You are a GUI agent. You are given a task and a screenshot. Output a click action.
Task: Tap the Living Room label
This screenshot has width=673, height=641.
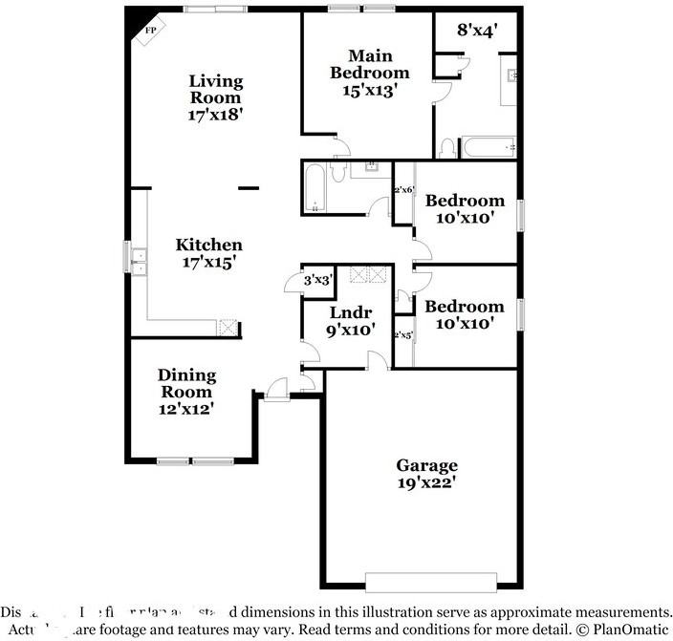pos(215,89)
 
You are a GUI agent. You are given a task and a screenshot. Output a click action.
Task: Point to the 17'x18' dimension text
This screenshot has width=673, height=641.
pos(215,114)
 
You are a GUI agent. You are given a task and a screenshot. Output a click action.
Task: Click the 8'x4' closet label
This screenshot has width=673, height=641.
pos(476,30)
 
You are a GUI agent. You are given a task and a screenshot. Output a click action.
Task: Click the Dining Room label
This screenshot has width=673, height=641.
pos(186,383)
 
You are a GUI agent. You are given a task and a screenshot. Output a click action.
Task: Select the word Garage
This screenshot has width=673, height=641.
pos(426,465)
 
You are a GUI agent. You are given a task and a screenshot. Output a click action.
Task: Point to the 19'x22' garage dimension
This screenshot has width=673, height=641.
pos(426,482)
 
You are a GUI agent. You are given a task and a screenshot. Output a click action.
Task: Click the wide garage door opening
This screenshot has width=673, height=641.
pos(430,582)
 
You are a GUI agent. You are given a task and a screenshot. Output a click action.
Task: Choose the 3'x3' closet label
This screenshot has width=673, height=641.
pos(316,280)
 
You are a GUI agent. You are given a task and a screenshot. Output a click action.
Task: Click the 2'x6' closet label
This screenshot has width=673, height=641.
pos(403,190)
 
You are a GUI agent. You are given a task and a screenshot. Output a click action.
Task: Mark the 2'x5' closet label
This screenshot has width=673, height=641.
pos(403,335)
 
